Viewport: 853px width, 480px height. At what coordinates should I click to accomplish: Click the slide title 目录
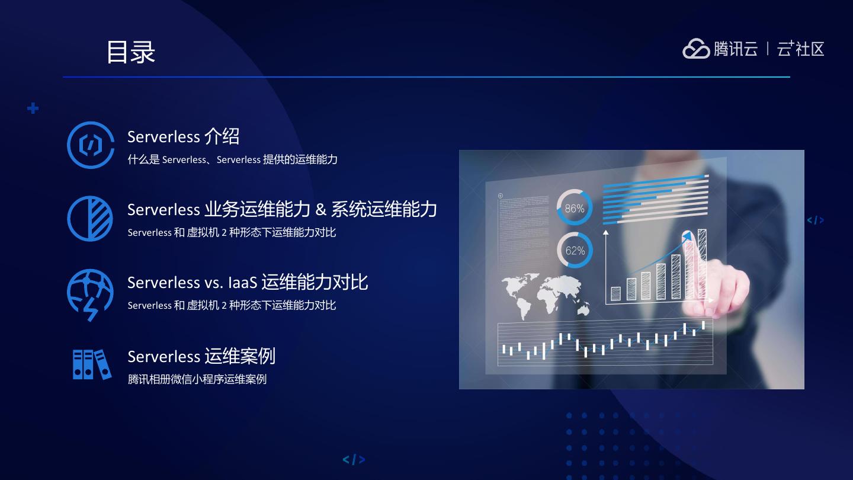130,52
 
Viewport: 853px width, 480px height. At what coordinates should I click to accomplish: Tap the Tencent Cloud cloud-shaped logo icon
695,49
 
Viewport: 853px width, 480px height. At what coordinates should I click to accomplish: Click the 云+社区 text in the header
800,49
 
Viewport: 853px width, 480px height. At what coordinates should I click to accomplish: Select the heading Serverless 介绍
183,136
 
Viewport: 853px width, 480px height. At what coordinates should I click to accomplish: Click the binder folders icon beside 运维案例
92,364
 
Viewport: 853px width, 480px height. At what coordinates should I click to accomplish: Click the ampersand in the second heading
320,210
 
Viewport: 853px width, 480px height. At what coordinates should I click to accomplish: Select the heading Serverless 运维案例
201,357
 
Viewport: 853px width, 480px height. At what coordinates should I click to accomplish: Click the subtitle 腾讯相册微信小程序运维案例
197,379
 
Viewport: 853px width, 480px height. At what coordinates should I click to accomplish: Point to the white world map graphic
546,296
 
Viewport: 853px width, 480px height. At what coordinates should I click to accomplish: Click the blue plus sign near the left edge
33,108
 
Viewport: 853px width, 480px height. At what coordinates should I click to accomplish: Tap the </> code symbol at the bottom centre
354,459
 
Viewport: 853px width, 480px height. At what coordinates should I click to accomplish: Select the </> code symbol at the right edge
815,220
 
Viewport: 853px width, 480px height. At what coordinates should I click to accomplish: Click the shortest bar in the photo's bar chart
616,293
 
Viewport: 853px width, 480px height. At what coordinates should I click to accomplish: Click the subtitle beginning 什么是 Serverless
232,159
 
